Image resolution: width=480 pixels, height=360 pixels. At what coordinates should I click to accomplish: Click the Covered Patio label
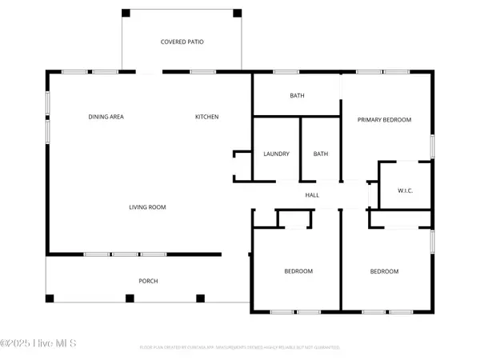[x=182, y=42]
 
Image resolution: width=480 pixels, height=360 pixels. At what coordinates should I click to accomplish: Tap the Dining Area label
[x=106, y=118]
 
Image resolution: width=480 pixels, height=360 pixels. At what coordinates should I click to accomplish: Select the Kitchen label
[x=207, y=118]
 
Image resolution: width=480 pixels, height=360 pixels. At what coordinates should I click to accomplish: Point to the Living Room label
[x=147, y=207]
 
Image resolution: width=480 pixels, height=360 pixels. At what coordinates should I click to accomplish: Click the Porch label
[x=148, y=282]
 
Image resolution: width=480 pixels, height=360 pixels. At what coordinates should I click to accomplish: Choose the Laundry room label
[x=276, y=154]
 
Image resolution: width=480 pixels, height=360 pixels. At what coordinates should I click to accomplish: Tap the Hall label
[x=312, y=195]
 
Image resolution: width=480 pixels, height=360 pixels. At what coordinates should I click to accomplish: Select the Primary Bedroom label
[x=384, y=120]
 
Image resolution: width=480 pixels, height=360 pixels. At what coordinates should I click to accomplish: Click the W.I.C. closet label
[x=405, y=190]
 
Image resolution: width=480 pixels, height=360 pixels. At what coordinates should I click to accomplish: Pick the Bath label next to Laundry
[x=321, y=154]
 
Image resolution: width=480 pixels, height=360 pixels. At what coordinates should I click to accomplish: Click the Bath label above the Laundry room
[x=297, y=96]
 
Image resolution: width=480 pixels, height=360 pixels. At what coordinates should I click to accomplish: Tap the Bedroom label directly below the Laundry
[x=298, y=271]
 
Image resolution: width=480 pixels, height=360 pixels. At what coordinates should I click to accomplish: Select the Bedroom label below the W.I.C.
[x=384, y=271]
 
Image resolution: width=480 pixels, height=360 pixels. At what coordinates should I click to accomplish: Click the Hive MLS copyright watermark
[x=38, y=344]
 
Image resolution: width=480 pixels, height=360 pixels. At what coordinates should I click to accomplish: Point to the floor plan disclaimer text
[x=240, y=348]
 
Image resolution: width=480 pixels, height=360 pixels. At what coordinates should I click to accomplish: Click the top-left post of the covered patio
[x=125, y=14]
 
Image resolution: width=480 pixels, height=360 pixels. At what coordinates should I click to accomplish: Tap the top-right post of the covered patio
[x=237, y=14]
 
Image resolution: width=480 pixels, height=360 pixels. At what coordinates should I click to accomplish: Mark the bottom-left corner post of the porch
[x=50, y=298]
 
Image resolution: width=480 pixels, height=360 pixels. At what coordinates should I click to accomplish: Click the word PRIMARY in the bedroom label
[x=370, y=120]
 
